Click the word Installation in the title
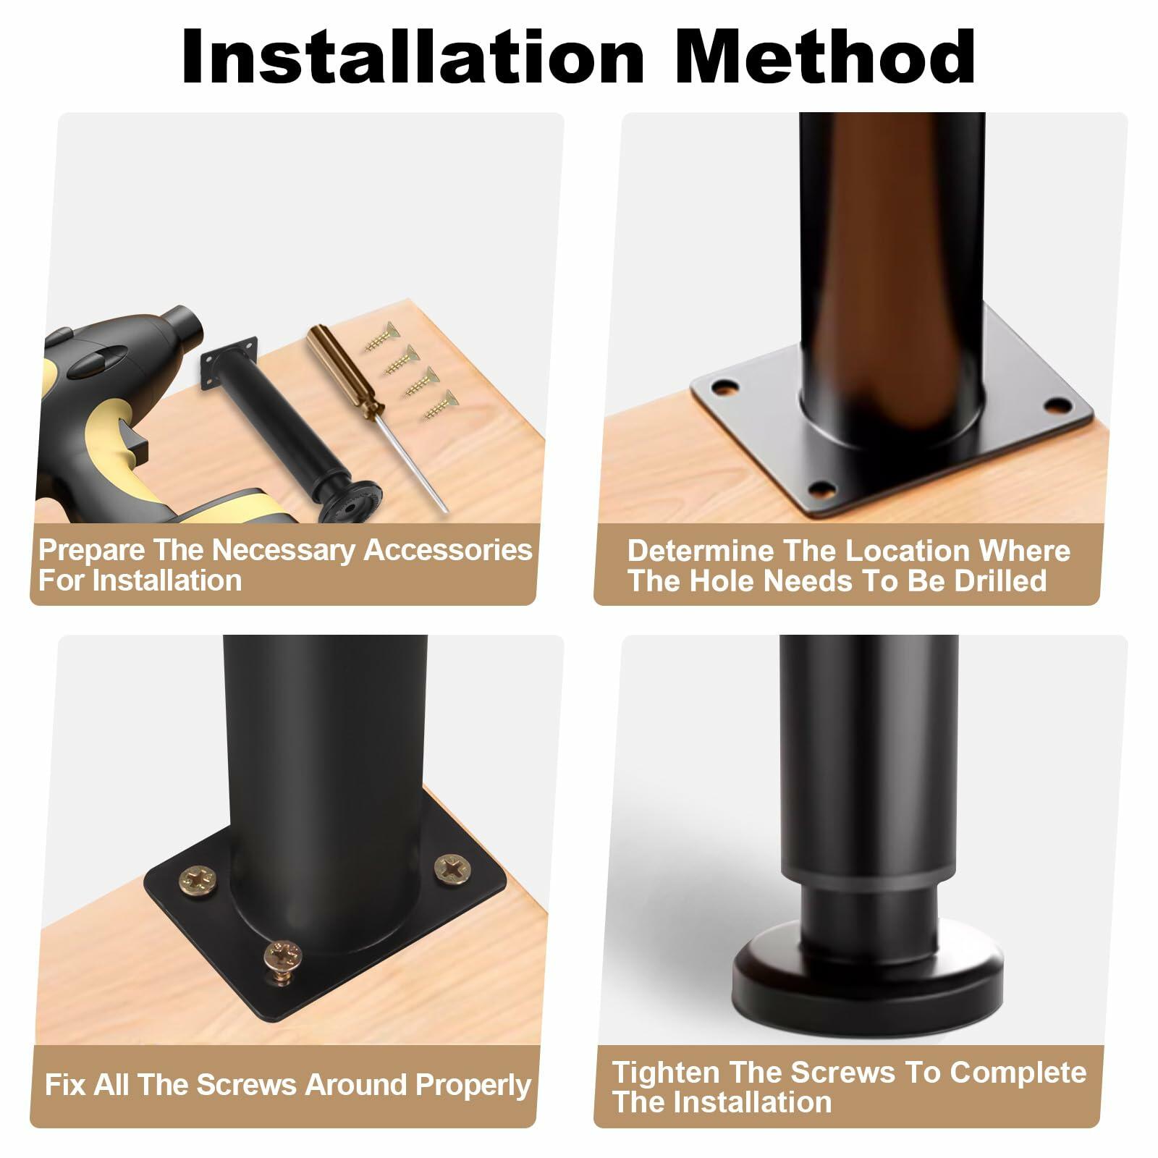pos(413,57)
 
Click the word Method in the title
pos(825,57)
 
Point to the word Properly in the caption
pos(473,1086)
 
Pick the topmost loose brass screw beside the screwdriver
pos(381,337)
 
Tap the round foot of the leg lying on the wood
pos(350,501)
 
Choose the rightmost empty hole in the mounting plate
pos(1058,405)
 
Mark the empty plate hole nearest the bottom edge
pos(820,490)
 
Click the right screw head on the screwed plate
pos(452,868)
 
